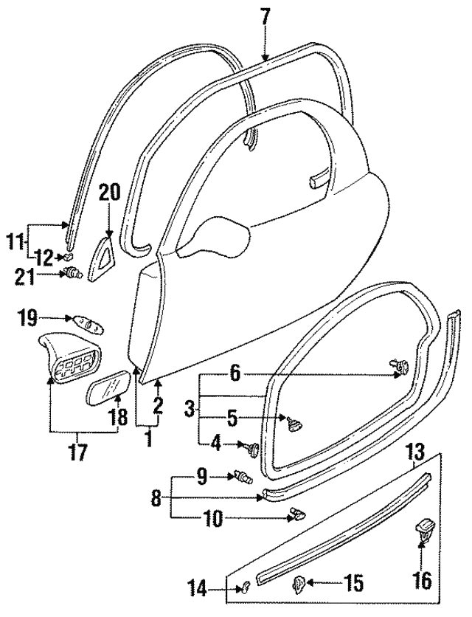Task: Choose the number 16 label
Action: point(422,580)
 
